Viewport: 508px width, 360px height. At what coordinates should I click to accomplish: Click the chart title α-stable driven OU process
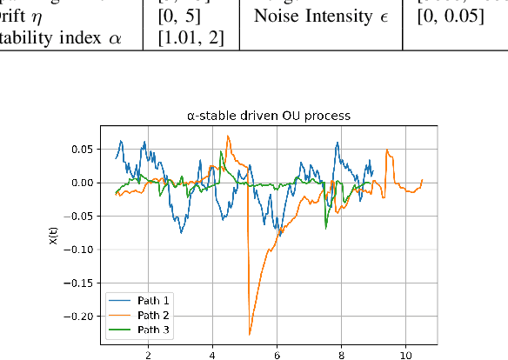269,116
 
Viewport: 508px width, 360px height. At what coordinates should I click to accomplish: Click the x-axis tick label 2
148,355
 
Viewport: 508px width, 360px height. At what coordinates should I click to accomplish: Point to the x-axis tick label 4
212,355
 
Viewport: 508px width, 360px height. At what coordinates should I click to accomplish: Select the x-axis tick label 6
277,355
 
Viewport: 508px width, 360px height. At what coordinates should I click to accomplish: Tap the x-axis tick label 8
341,355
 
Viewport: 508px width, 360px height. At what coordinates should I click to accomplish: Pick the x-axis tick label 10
405,355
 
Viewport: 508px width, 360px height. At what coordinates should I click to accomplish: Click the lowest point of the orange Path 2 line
250,334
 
